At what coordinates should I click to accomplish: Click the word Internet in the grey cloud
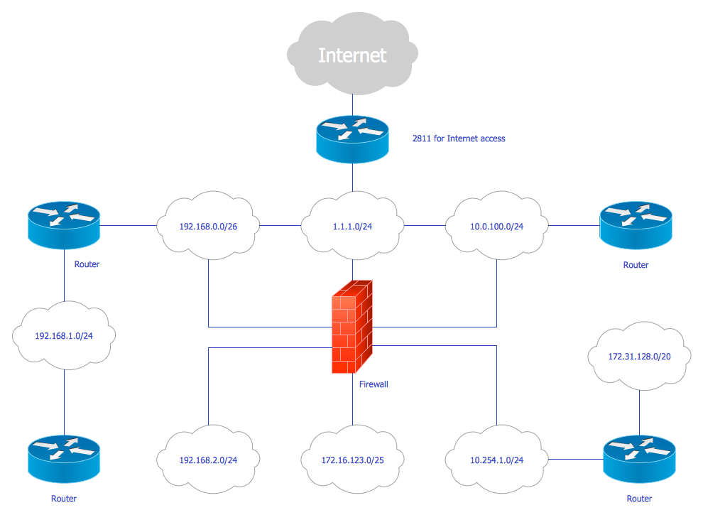coord(352,55)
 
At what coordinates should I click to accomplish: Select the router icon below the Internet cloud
coord(352,138)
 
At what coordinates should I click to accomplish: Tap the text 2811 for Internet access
coord(459,139)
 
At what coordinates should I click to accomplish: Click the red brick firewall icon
coord(352,327)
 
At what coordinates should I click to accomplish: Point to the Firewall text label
coord(374,384)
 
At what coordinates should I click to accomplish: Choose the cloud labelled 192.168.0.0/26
coord(208,227)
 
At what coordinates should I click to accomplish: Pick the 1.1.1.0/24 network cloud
coord(352,227)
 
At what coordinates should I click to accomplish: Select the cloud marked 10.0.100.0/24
coord(496,227)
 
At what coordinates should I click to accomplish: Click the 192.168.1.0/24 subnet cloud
coord(65,335)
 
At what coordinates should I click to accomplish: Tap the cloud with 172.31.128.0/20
coord(639,357)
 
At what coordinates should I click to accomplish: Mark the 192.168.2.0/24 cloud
coord(208,460)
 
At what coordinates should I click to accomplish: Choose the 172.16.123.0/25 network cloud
coord(352,460)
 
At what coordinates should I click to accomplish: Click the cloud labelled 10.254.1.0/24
coord(496,460)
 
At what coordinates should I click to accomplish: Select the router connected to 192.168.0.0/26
coord(65,225)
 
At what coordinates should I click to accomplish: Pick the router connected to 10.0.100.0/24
coord(636,225)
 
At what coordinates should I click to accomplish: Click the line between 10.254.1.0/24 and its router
coord(574,460)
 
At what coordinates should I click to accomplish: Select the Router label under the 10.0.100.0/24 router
coord(636,265)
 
